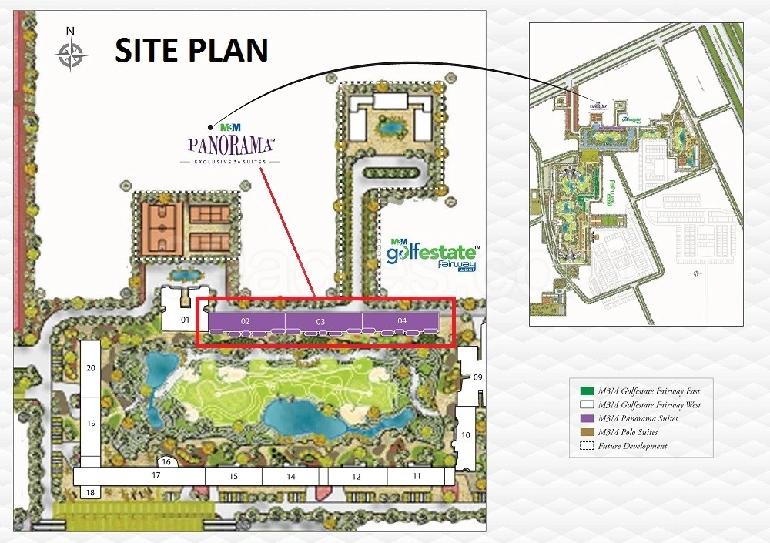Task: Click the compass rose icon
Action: pyautogui.click(x=70, y=53)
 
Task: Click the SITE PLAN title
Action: pyautogui.click(x=192, y=50)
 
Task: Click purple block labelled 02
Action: pyautogui.click(x=246, y=320)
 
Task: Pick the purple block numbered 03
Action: pyautogui.click(x=322, y=320)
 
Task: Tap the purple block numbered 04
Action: pyautogui.click(x=401, y=320)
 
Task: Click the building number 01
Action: pyautogui.click(x=185, y=318)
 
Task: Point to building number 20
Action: pyautogui.click(x=91, y=368)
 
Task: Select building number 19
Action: pyautogui.click(x=91, y=424)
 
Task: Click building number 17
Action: pyautogui.click(x=156, y=476)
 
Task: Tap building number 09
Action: pyautogui.click(x=477, y=377)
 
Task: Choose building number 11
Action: pyautogui.click(x=417, y=477)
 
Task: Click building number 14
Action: pyautogui.click(x=291, y=477)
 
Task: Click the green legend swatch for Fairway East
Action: pyautogui.click(x=587, y=391)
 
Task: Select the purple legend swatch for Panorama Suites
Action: pyautogui.click(x=587, y=418)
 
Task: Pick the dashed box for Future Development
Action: pyautogui.click(x=587, y=445)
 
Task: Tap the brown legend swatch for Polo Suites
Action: pyautogui.click(x=587, y=431)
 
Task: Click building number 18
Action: pyautogui.click(x=91, y=492)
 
